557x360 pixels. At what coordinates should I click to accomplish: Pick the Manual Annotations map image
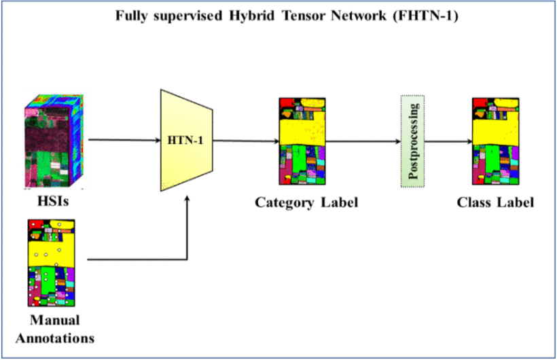pyautogui.click(x=51, y=264)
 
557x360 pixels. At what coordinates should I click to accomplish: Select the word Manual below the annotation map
pyautogui.click(x=54, y=321)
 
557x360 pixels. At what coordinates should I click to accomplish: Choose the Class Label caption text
pyautogui.click(x=495, y=202)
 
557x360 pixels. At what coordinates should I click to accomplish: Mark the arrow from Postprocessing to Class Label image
pyautogui.click(x=448, y=142)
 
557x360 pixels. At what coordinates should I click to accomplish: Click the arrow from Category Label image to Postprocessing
pyautogui.click(x=363, y=142)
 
